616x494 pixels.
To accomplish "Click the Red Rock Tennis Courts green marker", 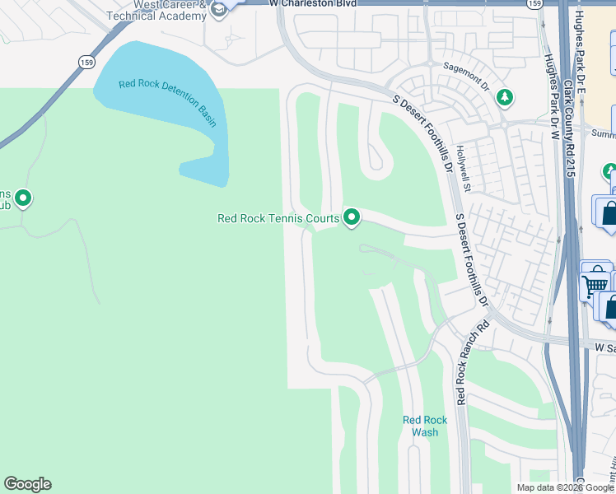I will tap(352, 217).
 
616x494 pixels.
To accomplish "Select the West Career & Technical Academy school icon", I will tap(218, 10).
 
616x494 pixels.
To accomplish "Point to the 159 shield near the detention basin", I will tap(87, 62).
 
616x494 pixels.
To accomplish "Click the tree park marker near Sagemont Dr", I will tap(504, 98).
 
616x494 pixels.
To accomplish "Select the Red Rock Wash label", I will tap(425, 426).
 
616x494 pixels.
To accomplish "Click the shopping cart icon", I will tap(594, 285).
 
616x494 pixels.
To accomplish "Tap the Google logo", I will tap(27, 484).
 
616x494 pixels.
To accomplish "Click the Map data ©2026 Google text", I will tap(565, 487).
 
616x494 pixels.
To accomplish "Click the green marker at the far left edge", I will tap(22, 198).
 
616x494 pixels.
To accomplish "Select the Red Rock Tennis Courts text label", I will tap(278, 218).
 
